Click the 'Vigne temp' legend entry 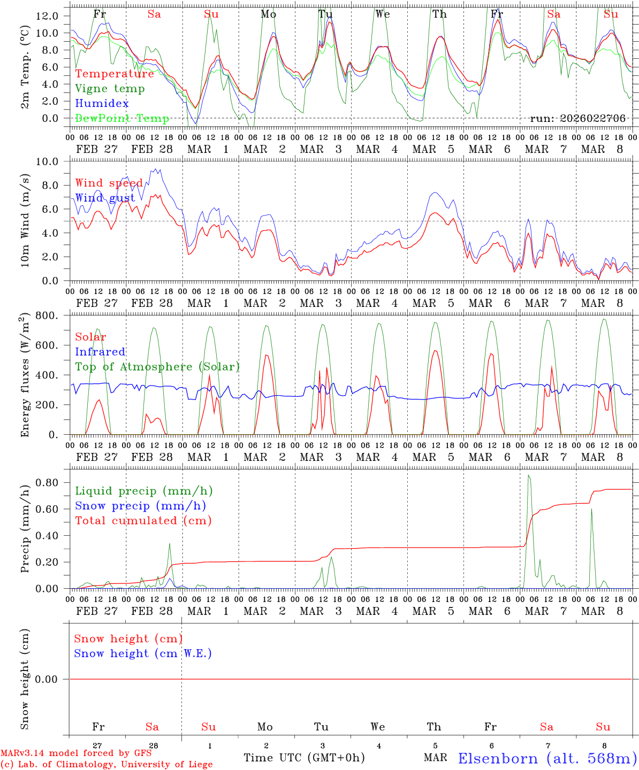[110, 89]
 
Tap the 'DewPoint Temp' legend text [122, 118]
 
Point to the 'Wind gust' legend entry [105, 198]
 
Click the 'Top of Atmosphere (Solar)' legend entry [157, 367]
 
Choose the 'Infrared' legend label [100, 352]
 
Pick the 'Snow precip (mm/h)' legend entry [140, 506]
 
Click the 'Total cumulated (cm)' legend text [143, 520]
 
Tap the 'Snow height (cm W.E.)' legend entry [143, 653]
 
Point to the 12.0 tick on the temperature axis [47, 16]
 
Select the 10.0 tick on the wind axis [47, 161]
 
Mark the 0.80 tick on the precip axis [47, 482]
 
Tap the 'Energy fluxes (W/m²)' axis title [25, 376]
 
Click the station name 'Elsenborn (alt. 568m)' [547, 758]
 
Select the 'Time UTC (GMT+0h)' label [304, 758]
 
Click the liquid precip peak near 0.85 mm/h [529, 475]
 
